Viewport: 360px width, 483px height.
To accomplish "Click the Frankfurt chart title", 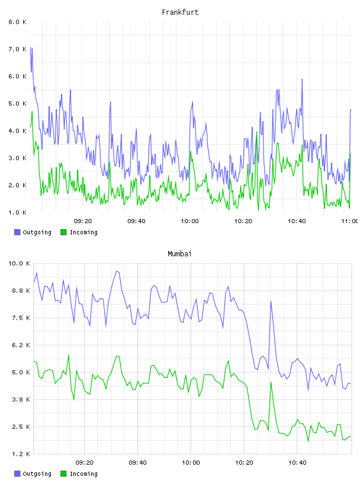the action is point(180,12).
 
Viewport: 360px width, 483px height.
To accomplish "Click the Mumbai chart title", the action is point(179,254).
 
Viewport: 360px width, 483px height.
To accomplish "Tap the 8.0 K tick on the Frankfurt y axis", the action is point(17,22).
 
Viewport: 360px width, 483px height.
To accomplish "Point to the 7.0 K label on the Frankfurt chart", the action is point(17,49).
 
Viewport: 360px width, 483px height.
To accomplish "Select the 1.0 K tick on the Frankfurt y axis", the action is point(17,212).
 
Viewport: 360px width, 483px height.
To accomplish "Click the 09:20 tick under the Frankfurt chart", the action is point(83,221).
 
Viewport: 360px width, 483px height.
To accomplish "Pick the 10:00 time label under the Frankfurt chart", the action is point(189,221).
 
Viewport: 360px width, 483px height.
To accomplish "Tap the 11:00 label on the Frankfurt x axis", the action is point(350,221).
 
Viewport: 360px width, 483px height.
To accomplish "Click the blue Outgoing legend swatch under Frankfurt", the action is point(17,232).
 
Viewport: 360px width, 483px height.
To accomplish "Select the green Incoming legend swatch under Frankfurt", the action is point(63,232).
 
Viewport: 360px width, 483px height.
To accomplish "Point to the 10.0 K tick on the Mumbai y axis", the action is point(19,263).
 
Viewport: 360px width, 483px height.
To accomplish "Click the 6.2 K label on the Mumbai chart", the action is point(21,345).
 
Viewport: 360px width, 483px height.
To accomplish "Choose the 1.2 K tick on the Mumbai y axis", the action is point(21,454).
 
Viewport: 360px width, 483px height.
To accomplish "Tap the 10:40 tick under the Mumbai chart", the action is point(297,462).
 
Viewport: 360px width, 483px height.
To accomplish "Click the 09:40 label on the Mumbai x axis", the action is point(137,462).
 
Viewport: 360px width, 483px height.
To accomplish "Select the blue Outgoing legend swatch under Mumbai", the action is point(17,474).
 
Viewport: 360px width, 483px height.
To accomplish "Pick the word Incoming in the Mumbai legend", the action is point(83,474).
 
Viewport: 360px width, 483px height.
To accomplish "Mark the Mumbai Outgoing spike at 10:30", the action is point(271,301).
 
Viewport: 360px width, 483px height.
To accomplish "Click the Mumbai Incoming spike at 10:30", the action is point(271,382).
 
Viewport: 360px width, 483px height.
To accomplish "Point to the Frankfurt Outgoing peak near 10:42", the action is point(302,79).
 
